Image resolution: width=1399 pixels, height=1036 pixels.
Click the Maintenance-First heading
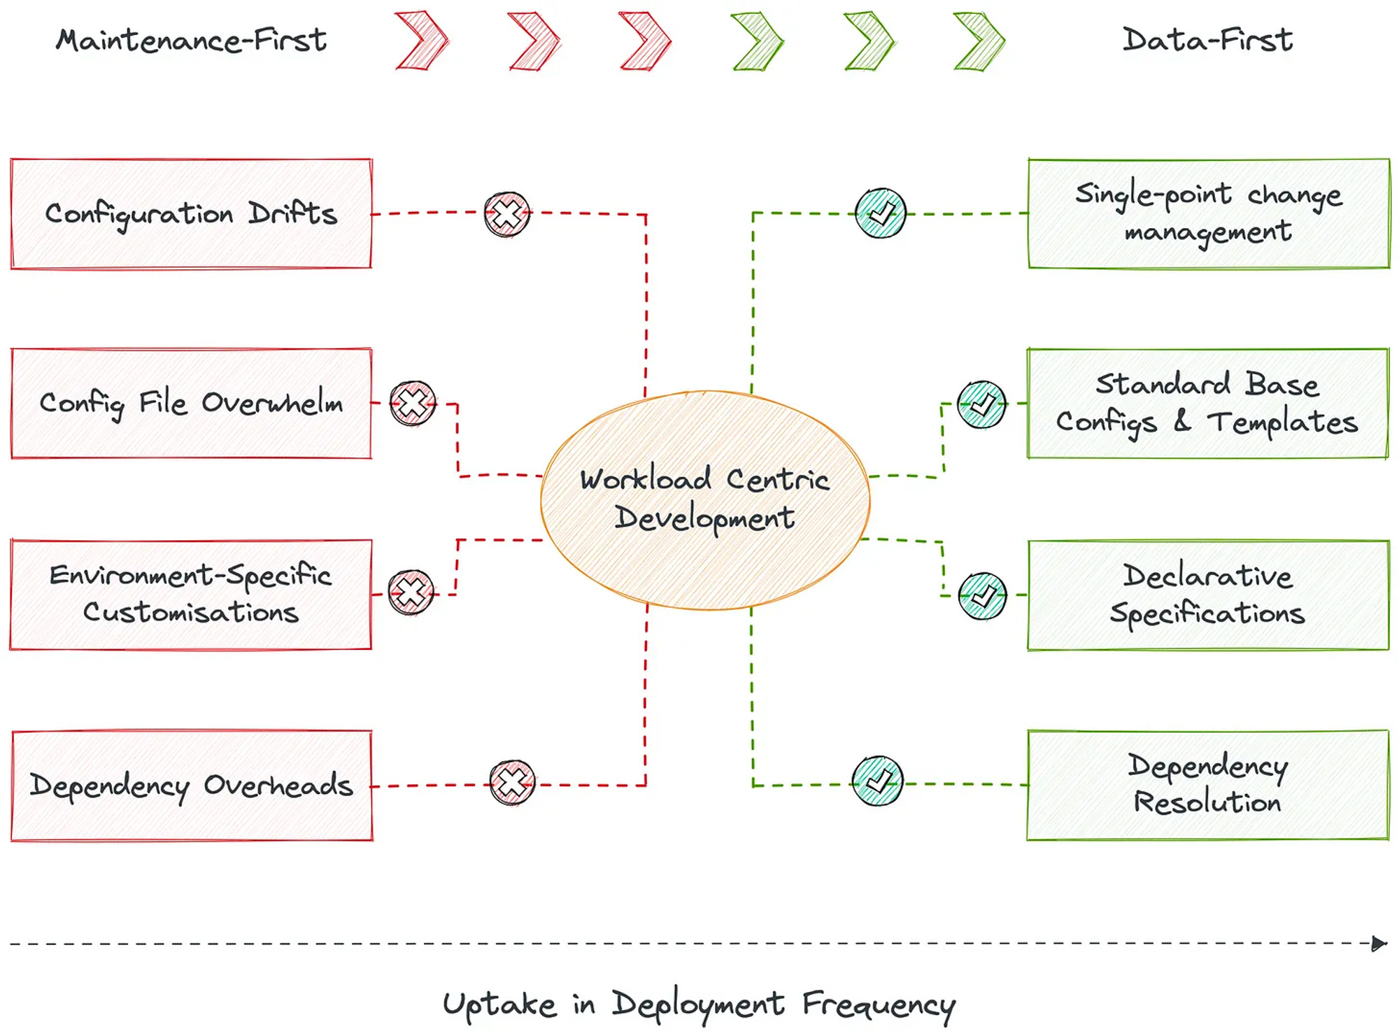191,40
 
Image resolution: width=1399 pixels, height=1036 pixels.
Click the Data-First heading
1207,40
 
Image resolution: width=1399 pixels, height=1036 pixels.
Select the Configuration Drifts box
191,213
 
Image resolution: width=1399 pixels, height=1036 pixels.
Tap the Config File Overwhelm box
191,404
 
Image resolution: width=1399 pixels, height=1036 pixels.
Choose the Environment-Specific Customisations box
190,595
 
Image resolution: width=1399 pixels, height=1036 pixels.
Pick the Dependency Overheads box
192,786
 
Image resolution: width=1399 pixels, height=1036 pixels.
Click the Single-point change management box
1209,213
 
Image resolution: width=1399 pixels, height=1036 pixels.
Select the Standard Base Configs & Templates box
1207,404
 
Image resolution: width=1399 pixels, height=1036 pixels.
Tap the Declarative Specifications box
1208,595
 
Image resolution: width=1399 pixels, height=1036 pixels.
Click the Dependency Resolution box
1208,785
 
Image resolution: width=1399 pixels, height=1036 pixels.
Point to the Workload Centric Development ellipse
705,499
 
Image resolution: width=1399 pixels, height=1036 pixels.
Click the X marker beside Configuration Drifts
507,214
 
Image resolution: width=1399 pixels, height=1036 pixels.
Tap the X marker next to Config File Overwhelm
413,404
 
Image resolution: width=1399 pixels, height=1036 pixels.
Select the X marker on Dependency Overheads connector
512,782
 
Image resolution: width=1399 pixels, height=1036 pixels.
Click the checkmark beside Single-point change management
881,213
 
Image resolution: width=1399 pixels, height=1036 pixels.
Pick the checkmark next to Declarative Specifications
982,596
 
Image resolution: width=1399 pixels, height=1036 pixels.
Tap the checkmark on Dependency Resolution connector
877,781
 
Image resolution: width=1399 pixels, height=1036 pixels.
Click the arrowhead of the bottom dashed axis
1379,944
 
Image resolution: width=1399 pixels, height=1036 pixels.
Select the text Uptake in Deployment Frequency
699,1005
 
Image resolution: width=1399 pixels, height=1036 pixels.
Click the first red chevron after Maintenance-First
422,41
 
